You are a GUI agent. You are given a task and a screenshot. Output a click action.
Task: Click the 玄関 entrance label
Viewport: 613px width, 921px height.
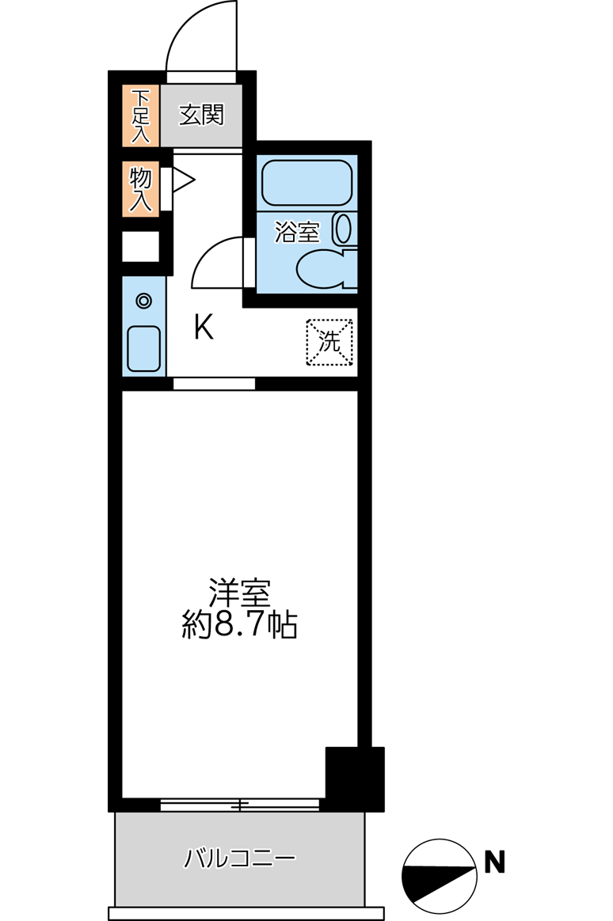pyautogui.click(x=201, y=116)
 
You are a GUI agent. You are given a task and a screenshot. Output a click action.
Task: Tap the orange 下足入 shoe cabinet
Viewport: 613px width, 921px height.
pyautogui.click(x=140, y=116)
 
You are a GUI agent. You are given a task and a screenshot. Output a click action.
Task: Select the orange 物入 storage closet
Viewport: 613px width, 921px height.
pyautogui.click(x=140, y=188)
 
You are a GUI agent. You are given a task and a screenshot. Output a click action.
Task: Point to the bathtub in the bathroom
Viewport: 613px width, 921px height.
pyautogui.click(x=306, y=182)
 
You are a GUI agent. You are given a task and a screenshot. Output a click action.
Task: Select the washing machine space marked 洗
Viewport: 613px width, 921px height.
pyautogui.click(x=329, y=342)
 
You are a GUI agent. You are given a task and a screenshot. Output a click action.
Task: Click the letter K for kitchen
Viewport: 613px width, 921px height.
pyautogui.click(x=204, y=326)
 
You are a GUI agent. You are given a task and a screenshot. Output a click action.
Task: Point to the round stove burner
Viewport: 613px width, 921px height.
pyautogui.click(x=143, y=301)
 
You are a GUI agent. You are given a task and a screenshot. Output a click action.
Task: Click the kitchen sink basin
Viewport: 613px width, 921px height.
pyautogui.click(x=143, y=347)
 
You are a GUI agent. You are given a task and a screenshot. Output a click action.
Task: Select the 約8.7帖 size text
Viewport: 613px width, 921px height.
pyautogui.click(x=239, y=626)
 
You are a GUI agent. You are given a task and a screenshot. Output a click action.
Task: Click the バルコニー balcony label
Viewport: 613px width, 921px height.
pyautogui.click(x=240, y=858)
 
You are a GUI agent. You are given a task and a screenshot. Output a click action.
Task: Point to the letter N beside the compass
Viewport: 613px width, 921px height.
pyautogui.click(x=494, y=861)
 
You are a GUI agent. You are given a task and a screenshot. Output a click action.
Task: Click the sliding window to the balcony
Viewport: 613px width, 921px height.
pyautogui.click(x=239, y=805)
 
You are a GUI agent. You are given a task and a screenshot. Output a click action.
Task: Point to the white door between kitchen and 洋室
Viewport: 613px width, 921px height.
pyautogui.click(x=214, y=385)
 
